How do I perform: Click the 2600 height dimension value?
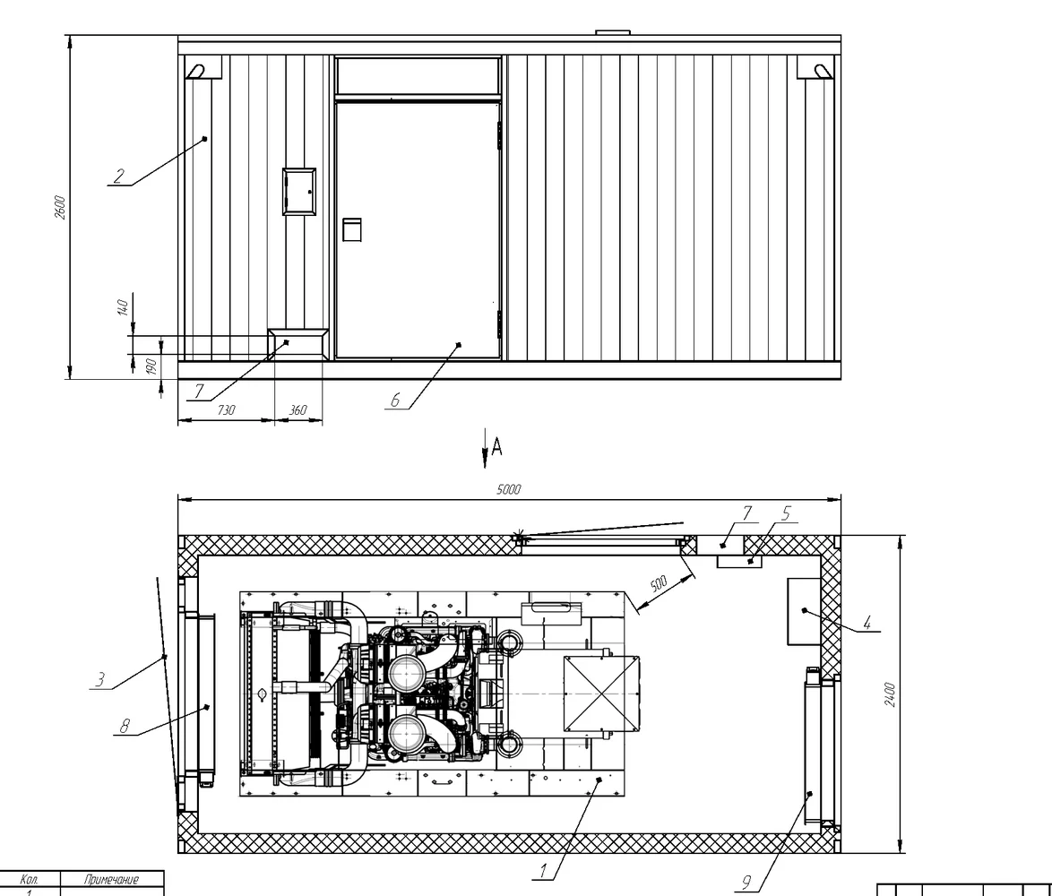(60, 207)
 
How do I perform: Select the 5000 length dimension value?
(509, 489)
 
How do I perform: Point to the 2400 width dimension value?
(890, 694)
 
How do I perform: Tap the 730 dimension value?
(227, 409)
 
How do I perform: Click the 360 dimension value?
(297, 409)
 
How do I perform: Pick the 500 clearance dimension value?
(659, 583)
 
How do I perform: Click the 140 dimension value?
(122, 308)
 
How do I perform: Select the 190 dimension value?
(151, 366)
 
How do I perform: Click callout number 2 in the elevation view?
(119, 176)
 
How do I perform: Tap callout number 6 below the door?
(395, 401)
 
